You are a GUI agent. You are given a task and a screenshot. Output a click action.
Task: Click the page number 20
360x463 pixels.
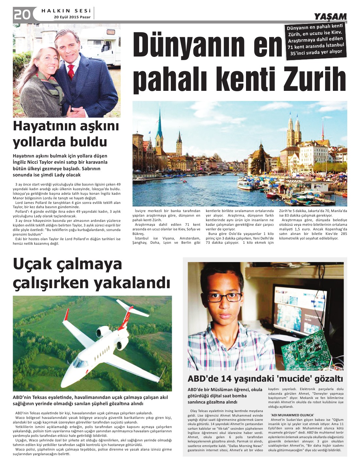pos(22,14)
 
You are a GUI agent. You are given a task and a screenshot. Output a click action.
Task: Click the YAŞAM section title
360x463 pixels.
pos(330,17)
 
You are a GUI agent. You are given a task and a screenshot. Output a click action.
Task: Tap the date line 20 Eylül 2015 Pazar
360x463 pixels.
pos(72,17)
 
